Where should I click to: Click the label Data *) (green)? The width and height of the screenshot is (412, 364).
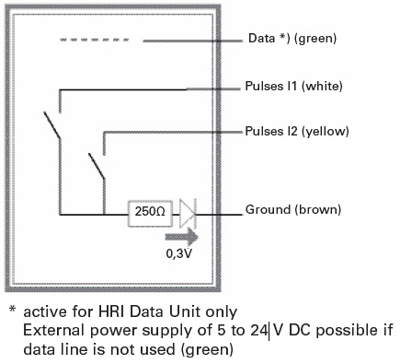(292, 40)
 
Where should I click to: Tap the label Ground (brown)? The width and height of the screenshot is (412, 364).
(293, 210)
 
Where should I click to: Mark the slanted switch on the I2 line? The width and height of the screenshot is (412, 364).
(96, 167)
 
